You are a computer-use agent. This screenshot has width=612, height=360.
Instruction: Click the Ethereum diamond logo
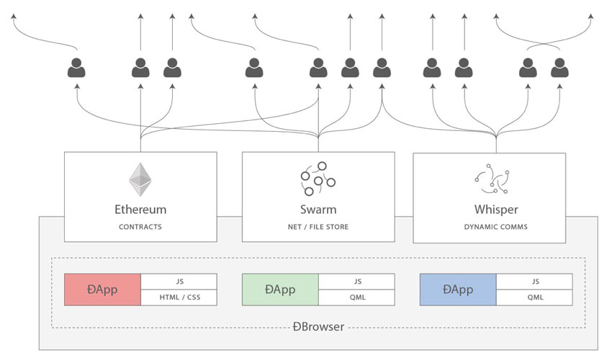(x=140, y=179)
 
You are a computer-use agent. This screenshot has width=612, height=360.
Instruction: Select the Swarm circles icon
(x=318, y=179)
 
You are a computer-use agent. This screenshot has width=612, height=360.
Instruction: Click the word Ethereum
(x=140, y=210)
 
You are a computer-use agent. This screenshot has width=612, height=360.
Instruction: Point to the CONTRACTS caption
(x=140, y=227)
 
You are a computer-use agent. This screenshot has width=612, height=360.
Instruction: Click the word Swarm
(x=318, y=210)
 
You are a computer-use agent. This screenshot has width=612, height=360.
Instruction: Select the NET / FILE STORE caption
(x=318, y=227)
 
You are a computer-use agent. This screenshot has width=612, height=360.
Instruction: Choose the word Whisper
(x=495, y=210)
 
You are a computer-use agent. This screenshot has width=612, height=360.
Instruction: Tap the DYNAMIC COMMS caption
(x=495, y=227)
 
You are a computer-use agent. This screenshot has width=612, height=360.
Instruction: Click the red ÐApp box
(x=102, y=289)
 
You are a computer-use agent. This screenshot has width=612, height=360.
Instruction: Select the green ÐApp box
(x=280, y=289)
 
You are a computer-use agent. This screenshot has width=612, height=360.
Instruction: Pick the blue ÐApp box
(x=458, y=289)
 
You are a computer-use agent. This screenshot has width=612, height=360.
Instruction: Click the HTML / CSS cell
(x=179, y=297)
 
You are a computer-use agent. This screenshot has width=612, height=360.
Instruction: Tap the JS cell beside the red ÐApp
(x=179, y=282)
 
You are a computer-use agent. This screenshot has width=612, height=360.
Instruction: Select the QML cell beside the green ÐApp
(x=356, y=297)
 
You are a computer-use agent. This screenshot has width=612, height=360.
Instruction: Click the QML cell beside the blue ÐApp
(x=534, y=297)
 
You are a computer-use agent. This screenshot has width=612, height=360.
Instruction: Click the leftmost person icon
(x=77, y=68)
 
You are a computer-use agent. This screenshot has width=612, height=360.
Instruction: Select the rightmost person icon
(x=560, y=68)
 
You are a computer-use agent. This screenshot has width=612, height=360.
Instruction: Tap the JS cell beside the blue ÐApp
(x=534, y=282)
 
